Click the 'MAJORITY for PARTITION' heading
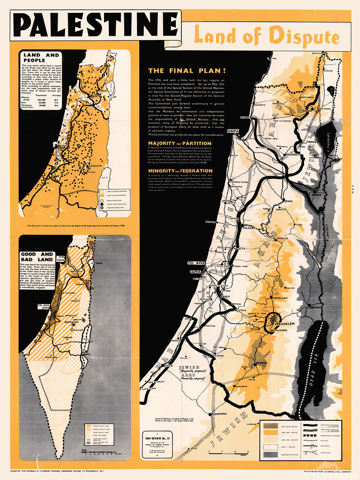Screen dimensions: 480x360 (180, 143)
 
